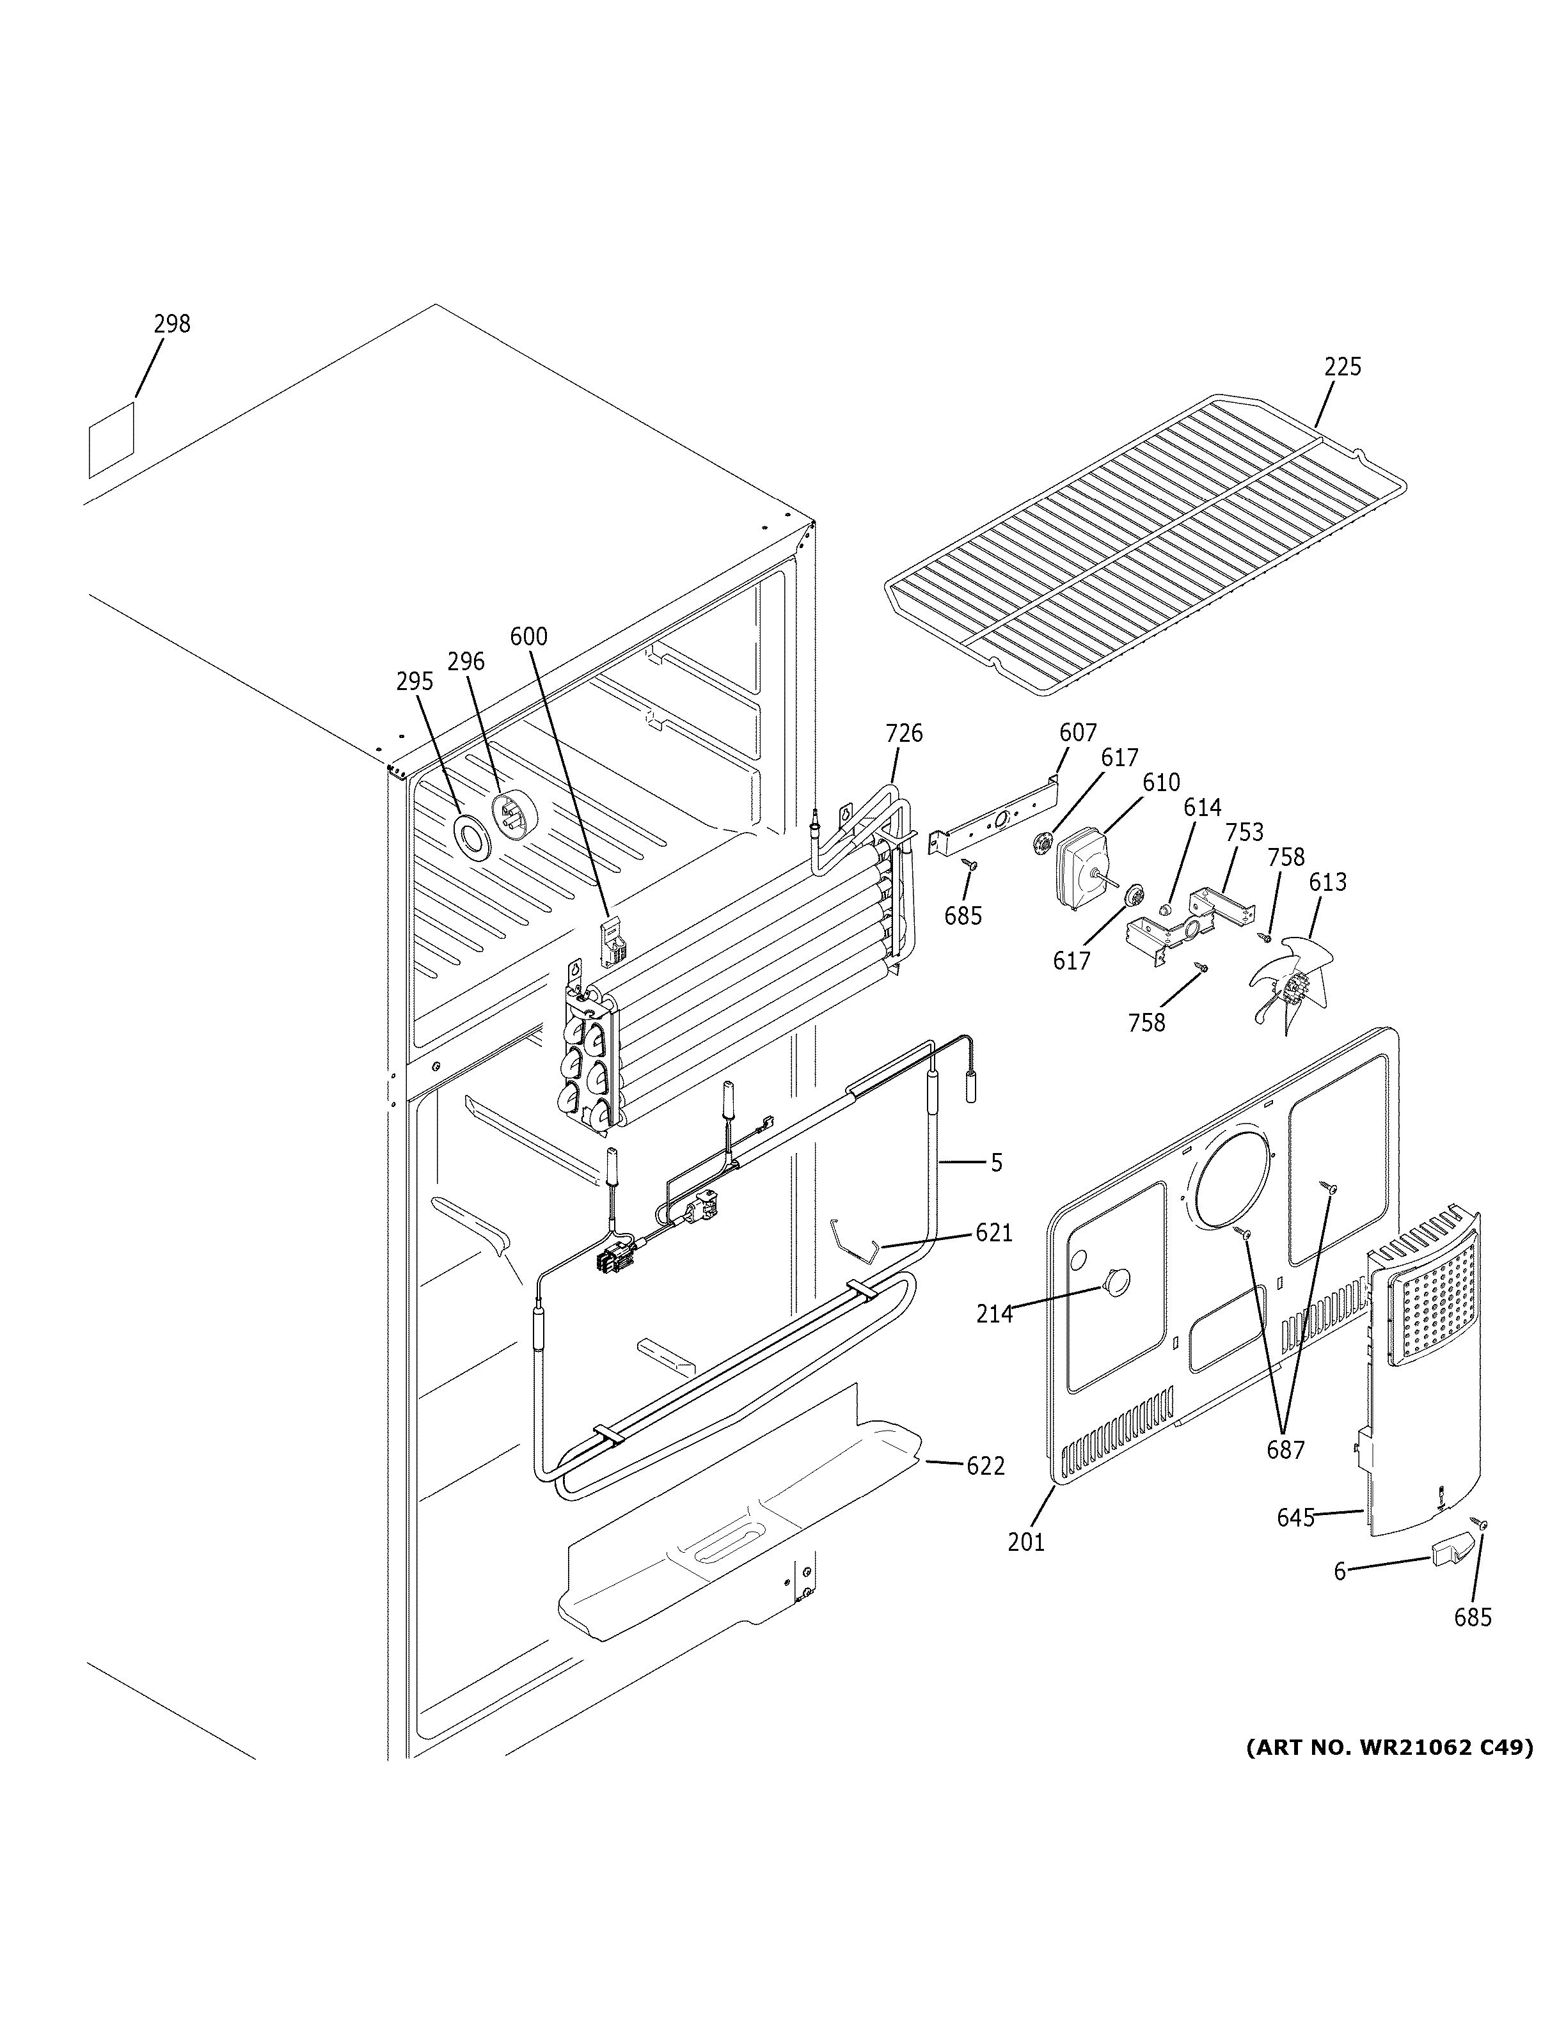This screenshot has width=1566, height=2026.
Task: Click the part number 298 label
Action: click(171, 324)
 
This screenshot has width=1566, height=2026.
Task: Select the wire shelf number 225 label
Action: click(1341, 366)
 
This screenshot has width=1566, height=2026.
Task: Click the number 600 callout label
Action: click(529, 636)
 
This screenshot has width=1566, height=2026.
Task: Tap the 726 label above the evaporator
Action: click(904, 734)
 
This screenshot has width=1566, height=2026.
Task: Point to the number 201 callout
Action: click(1026, 1542)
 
